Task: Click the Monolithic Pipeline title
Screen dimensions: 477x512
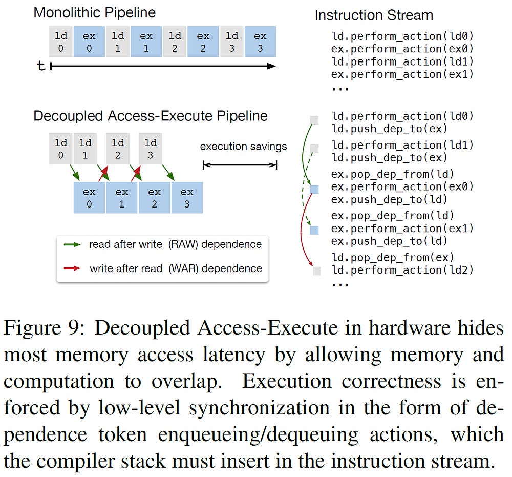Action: point(95,12)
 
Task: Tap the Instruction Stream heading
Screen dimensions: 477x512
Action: point(374,15)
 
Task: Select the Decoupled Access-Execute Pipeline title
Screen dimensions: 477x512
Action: point(151,116)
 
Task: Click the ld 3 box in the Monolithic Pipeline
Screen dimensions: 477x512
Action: point(232,43)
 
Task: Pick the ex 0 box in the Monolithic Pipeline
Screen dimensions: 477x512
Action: point(89,43)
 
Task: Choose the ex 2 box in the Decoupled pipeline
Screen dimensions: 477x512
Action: point(154,198)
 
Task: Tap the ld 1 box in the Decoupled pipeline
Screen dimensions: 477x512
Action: point(86,149)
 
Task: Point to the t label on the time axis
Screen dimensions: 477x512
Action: point(41,66)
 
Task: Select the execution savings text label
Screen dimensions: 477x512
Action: point(243,147)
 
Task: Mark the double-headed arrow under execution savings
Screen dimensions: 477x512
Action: point(240,164)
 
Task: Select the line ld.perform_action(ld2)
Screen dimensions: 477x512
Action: point(402,270)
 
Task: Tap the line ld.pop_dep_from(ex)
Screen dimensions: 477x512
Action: point(392,257)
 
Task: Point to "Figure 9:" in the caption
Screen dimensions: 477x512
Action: point(44,328)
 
